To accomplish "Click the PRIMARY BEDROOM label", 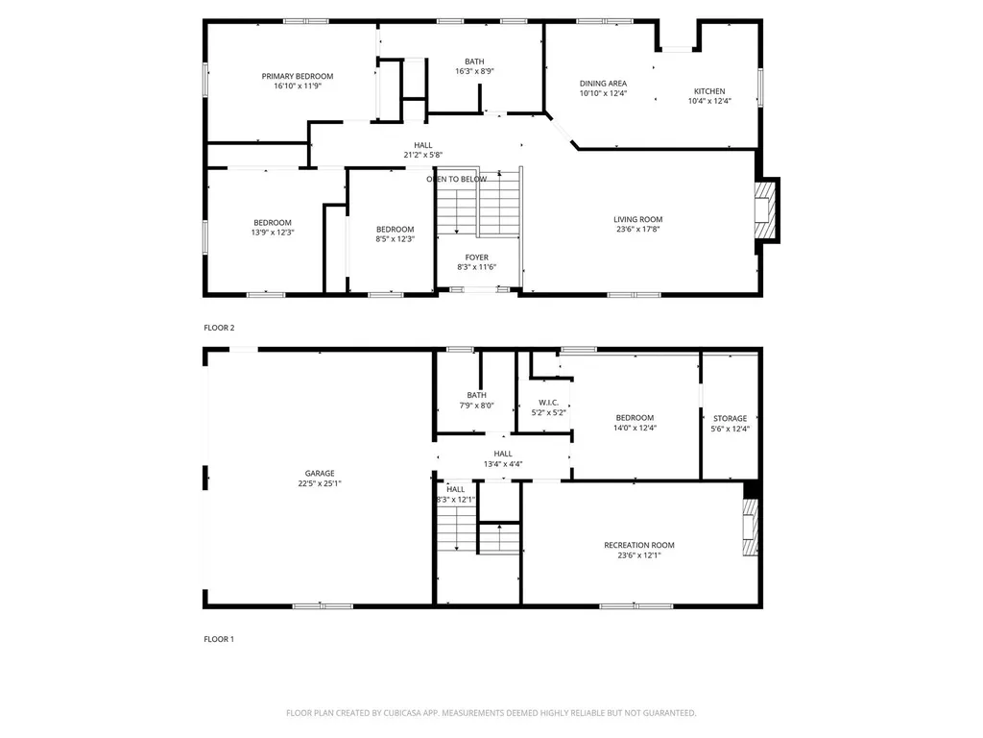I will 298,76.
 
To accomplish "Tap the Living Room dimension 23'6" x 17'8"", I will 638,230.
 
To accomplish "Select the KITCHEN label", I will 709,91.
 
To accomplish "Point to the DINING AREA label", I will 603,84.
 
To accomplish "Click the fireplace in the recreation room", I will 750,528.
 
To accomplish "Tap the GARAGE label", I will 320,473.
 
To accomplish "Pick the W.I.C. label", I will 548,403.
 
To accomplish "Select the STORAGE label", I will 730,419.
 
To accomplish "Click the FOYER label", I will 477,258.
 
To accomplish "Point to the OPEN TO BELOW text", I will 457,179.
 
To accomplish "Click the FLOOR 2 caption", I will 219,328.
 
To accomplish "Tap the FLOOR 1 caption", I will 219,639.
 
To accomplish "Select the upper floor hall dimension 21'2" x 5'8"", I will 422,155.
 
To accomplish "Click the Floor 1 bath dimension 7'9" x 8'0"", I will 477,406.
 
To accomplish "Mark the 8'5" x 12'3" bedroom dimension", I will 395,239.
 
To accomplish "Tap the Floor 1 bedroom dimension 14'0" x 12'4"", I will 635,428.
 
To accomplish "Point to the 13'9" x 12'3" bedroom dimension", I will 273,233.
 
